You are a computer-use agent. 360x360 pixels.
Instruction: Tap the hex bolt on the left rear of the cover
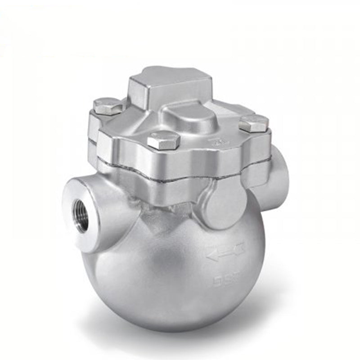pyautogui.click(x=108, y=106)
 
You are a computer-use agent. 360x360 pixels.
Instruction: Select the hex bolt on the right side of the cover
pyautogui.click(x=254, y=123)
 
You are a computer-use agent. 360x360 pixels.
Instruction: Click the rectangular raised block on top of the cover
pyautogui.click(x=170, y=86)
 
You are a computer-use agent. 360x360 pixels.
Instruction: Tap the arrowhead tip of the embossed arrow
pyautogui.click(x=209, y=256)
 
